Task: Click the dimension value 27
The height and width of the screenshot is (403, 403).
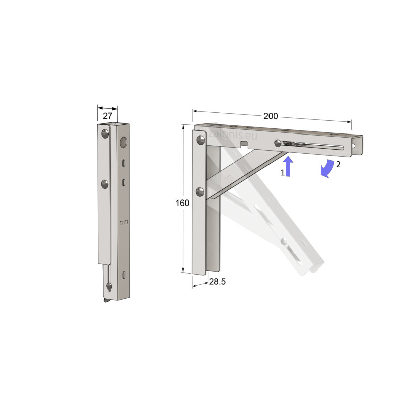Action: click(x=107, y=116)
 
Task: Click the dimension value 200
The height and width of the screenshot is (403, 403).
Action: click(x=271, y=116)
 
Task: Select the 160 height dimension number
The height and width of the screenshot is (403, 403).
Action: click(x=182, y=203)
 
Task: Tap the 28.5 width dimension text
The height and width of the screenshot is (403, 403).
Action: click(x=217, y=282)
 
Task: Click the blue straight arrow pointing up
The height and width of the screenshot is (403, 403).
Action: click(x=288, y=166)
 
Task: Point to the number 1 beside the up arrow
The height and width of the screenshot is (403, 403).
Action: click(x=283, y=172)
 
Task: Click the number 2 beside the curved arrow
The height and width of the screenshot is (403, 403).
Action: click(x=338, y=164)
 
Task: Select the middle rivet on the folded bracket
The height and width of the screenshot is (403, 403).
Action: click(x=104, y=184)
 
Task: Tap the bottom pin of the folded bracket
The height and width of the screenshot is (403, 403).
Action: click(x=109, y=287)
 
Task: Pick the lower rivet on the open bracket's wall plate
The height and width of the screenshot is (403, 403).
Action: click(x=200, y=191)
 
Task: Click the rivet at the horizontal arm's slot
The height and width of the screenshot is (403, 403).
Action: click(x=278, y=144)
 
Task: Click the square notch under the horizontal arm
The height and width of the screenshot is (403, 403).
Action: click(x=245, y=145)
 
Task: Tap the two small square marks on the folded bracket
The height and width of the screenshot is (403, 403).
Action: click(x=123, y=222)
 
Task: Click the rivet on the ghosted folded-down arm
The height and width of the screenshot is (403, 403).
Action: click(x=285, y=242)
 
